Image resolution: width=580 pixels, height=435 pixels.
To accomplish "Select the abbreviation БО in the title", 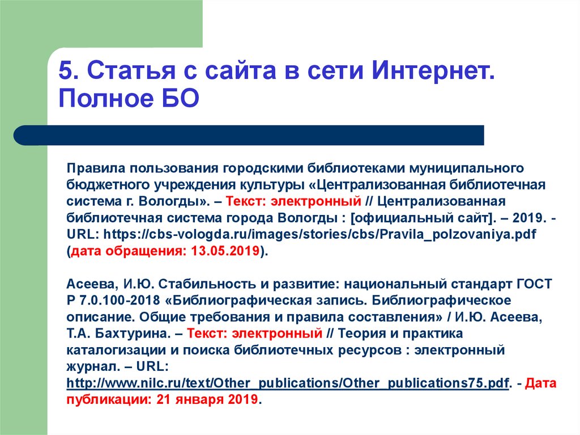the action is [x=180, y=98].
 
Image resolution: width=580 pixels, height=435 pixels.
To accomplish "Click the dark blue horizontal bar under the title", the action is [x=249, y=135].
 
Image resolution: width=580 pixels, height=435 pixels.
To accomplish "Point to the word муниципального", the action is [x=466, y=168].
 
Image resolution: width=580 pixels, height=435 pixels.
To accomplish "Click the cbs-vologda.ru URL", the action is [x=319, y=234].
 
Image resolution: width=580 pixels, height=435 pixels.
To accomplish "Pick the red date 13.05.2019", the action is [x=225, y=251].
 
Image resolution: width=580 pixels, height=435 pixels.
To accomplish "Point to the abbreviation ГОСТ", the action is [x=534, y=284].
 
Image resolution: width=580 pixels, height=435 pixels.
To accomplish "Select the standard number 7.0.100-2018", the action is [x=120, y=300].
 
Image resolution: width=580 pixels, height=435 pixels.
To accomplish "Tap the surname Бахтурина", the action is [x=133, y=333].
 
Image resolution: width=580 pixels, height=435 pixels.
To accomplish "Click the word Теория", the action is [x=364, y=333].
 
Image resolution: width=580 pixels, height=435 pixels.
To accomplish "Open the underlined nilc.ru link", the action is [x=288, y=383].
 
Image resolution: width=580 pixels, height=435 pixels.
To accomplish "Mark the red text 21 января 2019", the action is [x=207, y=399].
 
